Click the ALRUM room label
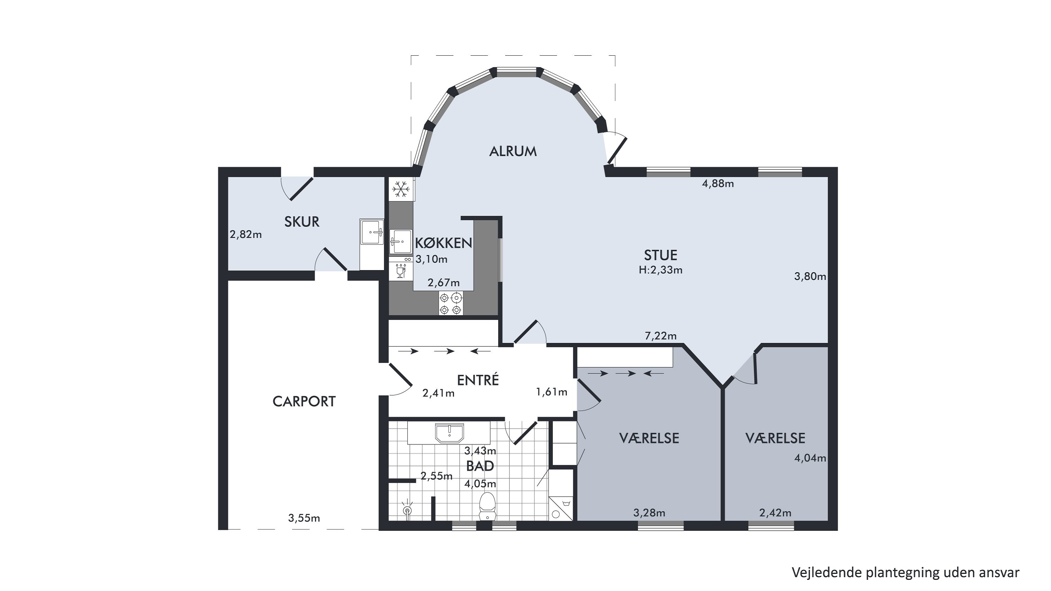513,151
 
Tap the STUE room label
660,255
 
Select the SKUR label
302,222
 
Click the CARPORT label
304,402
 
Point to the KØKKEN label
444,243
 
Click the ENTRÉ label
478,380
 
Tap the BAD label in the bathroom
480,466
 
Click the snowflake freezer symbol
401,189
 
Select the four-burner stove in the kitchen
451,303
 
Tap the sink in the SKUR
372,232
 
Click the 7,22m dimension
660,336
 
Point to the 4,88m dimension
718,184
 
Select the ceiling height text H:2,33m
660,270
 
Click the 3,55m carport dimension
304,518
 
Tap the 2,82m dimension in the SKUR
246,235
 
